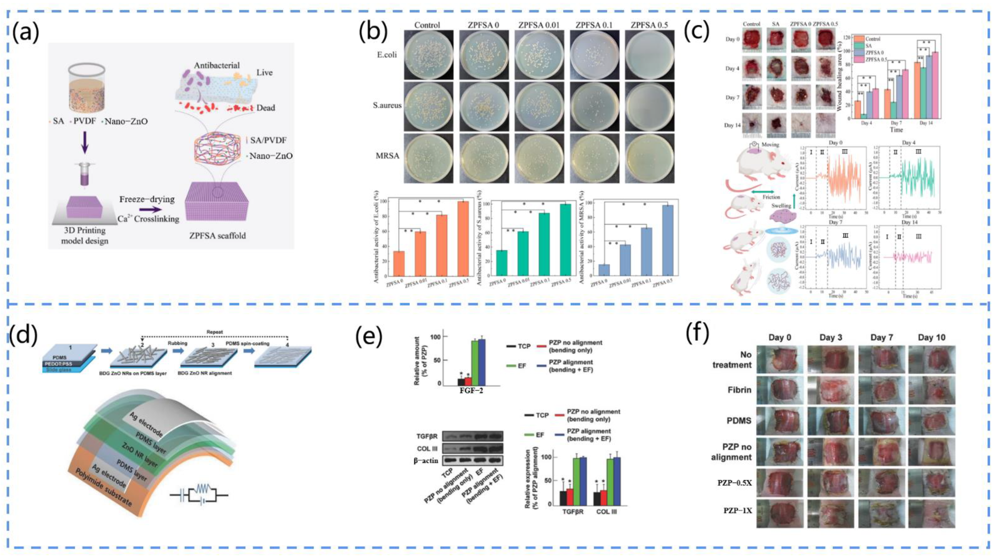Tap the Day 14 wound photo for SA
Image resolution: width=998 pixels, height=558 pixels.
click(776, 125)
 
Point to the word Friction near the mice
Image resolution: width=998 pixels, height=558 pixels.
click(771, 197)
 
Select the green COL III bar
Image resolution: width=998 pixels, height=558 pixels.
click(610, 482)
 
